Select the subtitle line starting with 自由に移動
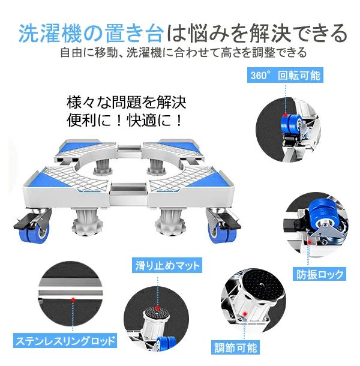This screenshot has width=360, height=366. coord(183,53)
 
